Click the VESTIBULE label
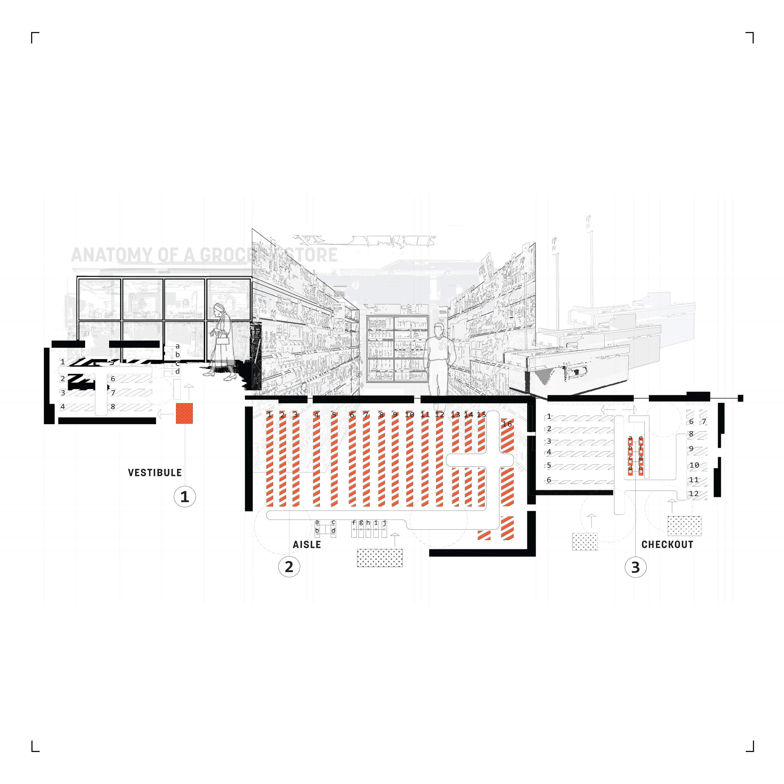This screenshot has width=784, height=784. coord(155,473)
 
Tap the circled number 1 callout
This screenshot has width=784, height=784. coord(185,497)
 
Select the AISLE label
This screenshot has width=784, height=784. coord(307,544)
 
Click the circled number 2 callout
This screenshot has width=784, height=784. coord(289,567)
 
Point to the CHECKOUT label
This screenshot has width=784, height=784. coord(667,544)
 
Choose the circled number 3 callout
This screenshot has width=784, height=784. coord(636,567)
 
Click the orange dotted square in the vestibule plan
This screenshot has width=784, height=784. coord(184,414)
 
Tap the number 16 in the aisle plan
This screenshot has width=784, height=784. coord(507,424)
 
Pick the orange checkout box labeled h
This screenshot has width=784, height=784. coord(641,469)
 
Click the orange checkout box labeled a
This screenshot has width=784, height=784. coord(630,439)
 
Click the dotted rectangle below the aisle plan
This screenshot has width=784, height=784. coord(380,558)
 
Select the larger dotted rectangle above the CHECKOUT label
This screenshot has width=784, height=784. coord(685,526)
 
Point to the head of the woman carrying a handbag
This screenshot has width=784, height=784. coord(219,309)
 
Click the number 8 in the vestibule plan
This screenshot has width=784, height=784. coord(113,406)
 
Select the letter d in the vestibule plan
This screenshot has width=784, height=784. coord(177,371)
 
